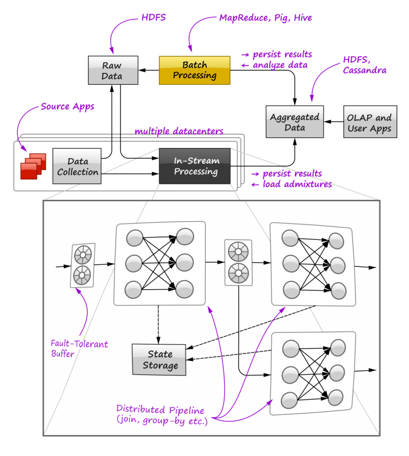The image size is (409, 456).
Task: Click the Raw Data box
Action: click(112, 71)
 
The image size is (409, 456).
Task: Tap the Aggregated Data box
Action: click(295, 122)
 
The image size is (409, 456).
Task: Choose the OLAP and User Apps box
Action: click(369, 122)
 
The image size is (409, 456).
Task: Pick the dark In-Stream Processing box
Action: click(195, 166)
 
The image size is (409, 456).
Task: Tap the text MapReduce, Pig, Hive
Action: click(265, 18)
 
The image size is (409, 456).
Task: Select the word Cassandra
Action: click(364, 71)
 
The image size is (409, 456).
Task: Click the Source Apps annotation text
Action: click(68, 107)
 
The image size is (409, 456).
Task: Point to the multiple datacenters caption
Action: click(179, 132)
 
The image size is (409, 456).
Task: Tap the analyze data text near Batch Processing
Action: click(282, 65)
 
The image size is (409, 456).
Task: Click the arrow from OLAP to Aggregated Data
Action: click(334, 122)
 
